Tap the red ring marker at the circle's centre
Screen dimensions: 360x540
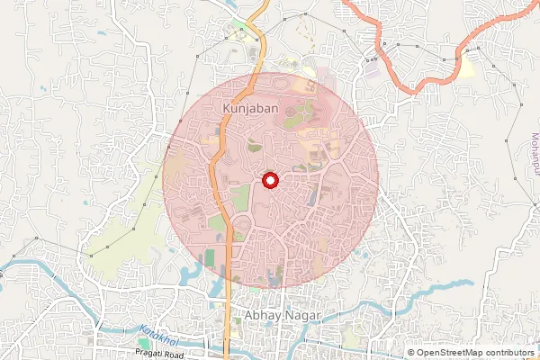270,180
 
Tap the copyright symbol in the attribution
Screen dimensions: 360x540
411,353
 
